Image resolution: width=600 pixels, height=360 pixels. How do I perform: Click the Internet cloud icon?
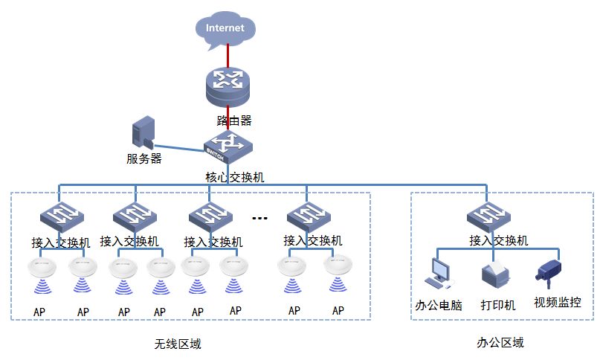pyautogui.click(x=225, y=29)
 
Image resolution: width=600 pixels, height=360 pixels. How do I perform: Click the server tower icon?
pyautogui.click(x=142, y=134)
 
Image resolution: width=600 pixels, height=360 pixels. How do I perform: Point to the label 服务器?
pyautogui.click(x=143, y=158)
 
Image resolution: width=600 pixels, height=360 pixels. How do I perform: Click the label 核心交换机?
pyautogui.click(x=234, y=177)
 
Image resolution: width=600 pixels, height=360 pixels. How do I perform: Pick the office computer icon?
pyautogui.click(x=436, y=274)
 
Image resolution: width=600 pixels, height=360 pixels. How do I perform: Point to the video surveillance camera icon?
pyautogui.click(x=549, y=272)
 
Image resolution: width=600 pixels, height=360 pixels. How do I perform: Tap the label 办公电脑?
pyautogui.click(x=439, y=305)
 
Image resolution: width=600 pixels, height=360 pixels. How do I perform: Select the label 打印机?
pyautogui.click(x=497, y=305)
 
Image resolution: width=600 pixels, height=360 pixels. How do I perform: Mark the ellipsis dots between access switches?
pyautogui.click(x=259, y=218)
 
